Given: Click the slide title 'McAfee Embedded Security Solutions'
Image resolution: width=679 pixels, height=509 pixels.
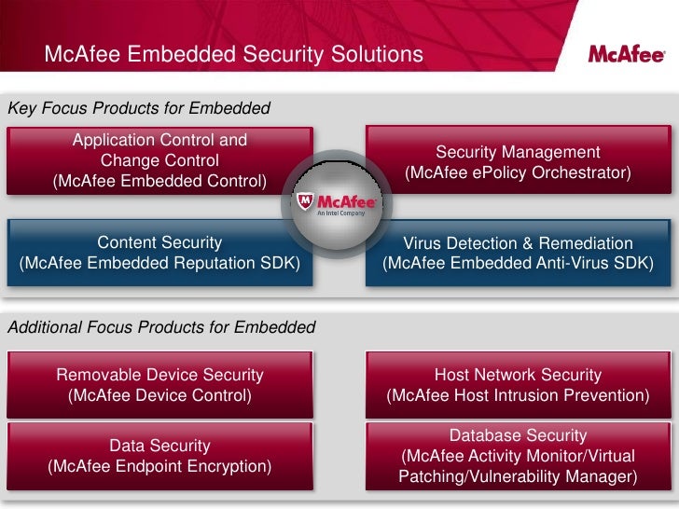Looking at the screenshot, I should coord(233,55).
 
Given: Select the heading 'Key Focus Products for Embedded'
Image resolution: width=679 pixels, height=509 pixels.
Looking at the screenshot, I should coord(139,108).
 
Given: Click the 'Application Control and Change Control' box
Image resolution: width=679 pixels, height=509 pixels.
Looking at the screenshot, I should coord(159,160).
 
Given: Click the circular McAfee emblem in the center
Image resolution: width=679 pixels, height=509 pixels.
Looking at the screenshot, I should coord(336,201).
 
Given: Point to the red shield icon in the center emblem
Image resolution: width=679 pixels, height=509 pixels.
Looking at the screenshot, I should coord(306,202).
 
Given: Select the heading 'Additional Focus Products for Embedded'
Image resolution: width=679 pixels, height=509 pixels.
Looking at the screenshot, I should coord(161,328).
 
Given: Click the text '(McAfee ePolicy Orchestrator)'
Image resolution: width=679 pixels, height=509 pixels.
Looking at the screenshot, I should coord(518,173).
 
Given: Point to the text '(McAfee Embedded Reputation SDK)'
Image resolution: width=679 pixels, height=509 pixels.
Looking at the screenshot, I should coord(159,264).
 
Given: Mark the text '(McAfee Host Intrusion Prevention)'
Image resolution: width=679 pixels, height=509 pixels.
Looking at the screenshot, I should coord(518,395).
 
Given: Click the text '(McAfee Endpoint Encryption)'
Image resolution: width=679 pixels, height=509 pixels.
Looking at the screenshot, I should coord(159,466).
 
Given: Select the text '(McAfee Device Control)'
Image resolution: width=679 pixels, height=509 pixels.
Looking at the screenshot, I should coord(159,395).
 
